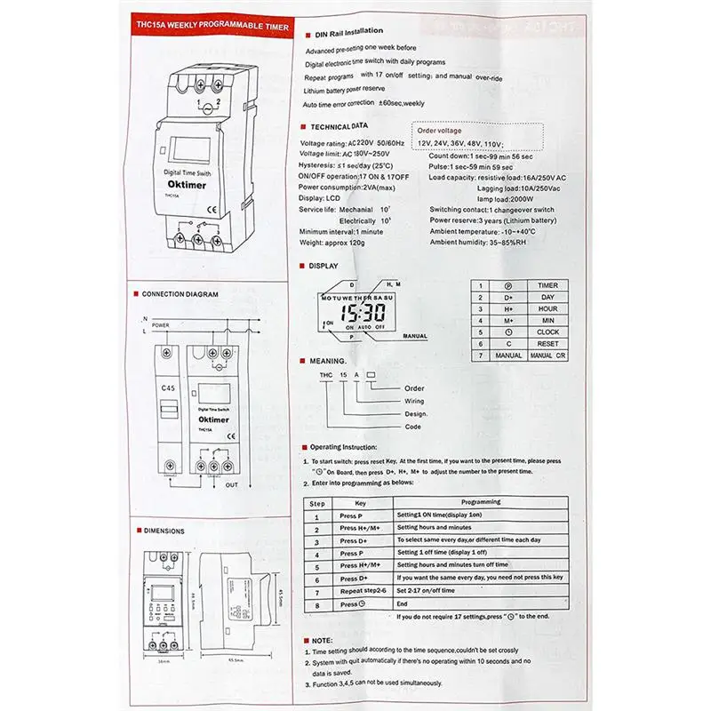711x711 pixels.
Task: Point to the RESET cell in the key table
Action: coord(547,342)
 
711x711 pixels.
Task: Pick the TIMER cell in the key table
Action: coord(547,285)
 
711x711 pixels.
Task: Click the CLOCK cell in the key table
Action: coord(547,331)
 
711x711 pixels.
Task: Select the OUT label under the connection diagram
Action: coord(232,485)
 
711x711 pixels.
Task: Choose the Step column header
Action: coord(316,502)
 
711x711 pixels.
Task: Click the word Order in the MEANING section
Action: coord(414,388)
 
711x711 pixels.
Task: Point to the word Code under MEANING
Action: coord(412,426)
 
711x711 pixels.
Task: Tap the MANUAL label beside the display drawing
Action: coord(414,338)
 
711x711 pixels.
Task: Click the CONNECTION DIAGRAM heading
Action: coord(180,292)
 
